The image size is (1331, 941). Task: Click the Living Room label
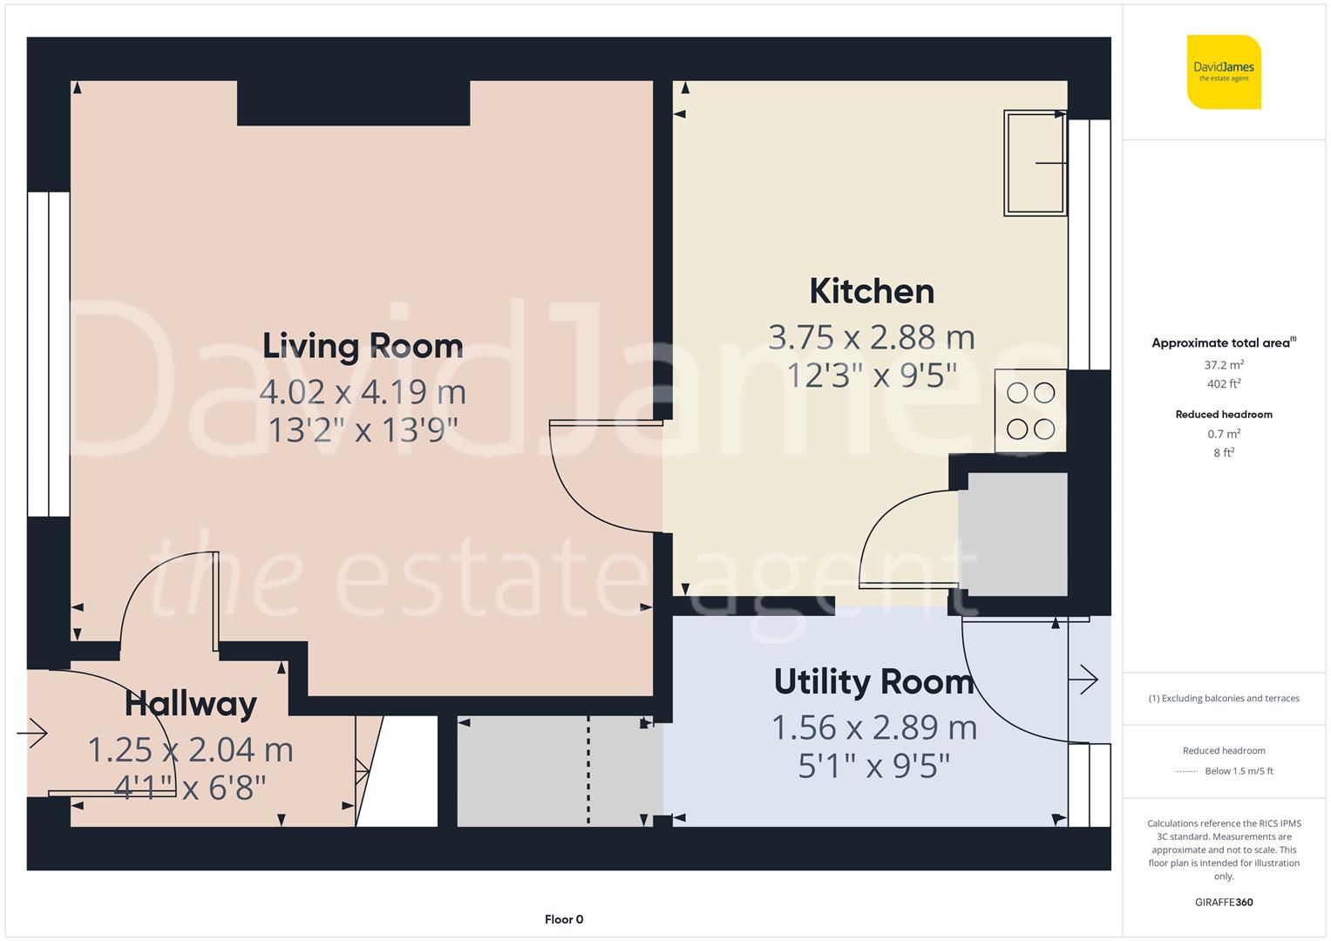click(x=363, y=347)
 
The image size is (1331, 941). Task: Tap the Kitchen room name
click(x=872, y=291)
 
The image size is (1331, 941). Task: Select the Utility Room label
click(x=873, y=681)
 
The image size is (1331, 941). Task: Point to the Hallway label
click(x=191, y=705)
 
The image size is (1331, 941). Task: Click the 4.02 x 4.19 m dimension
click(x=363, y=392)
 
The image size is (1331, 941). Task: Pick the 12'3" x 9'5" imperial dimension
click(x=872, y=376)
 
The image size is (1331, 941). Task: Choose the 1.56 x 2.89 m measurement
click(x=874, y=728)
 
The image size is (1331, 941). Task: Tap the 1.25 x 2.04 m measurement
click(x=190, y=749)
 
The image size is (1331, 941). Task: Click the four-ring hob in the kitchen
click(x=1030, y=410)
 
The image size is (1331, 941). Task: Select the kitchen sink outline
click(x=1036, y=163)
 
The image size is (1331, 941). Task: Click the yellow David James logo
click(x=1224, y=71)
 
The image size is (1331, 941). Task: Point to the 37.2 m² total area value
click(x=1224, y=365)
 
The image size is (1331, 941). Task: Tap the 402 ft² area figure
click(x=1224, y=383)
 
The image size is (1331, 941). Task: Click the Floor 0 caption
click(x=564, y=919)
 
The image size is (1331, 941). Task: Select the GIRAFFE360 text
click(x=1224, y=903)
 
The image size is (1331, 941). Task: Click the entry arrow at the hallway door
click(x=32, y=733)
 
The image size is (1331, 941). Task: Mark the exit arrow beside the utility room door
click(x=1083, y=680)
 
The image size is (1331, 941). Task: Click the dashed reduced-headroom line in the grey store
click(x=589, y=770)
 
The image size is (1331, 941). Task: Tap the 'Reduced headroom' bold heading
click(x=1224, y=415)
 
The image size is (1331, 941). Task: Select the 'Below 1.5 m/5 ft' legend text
click(x=1239, y=771)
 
